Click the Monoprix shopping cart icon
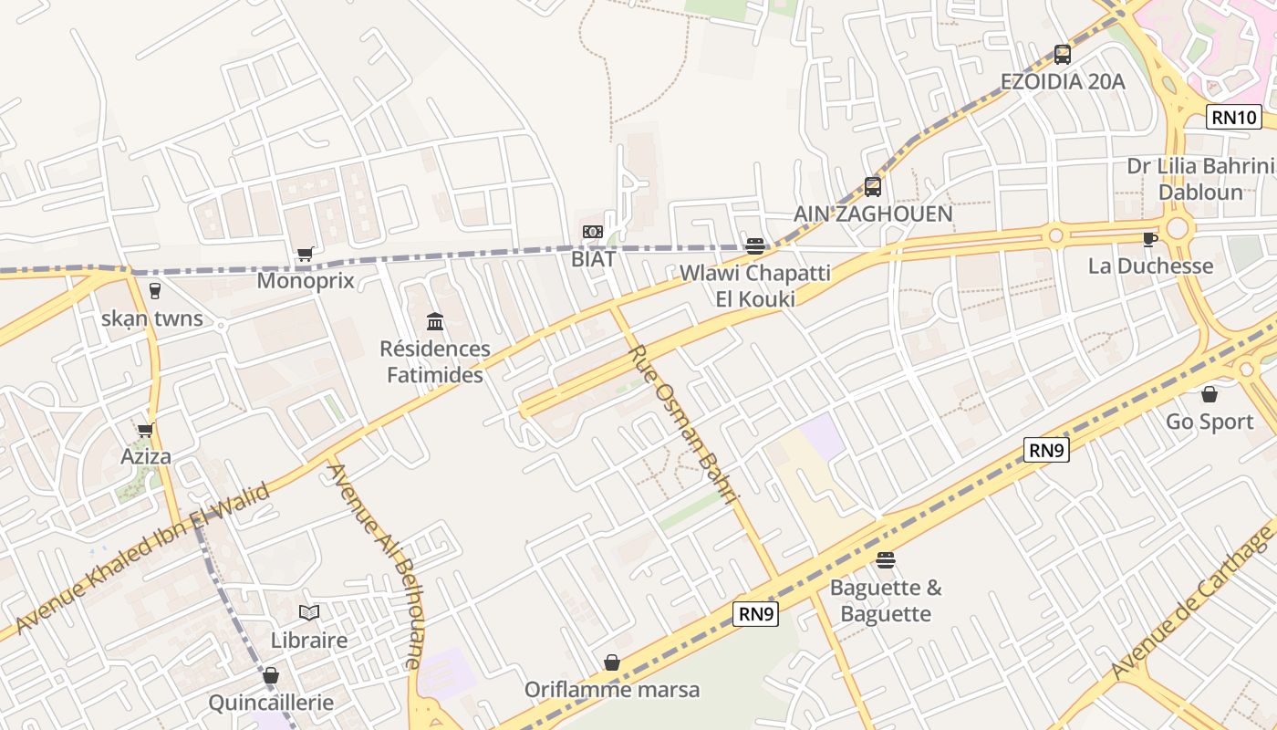(305, 255)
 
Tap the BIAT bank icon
(593, 232)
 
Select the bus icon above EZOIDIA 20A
(1062, 55)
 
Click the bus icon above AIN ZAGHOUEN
(873, 187)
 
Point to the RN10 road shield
(1234, 117)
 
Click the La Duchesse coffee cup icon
(1149, 239)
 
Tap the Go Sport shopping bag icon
(1210, 394)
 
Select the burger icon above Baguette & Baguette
(885, 559)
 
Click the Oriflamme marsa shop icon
(612, 662)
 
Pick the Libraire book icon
(309, 612)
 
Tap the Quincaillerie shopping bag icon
(271, 676)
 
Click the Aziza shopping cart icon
(145, 430)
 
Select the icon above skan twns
(154, 291)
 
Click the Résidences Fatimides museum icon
(435, 321)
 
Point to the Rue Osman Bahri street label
(681, 424)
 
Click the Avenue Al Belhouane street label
(376, 566)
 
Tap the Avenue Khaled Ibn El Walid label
(143, 559)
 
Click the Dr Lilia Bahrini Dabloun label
(1199, 179)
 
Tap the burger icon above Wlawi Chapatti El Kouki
(754, 245)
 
